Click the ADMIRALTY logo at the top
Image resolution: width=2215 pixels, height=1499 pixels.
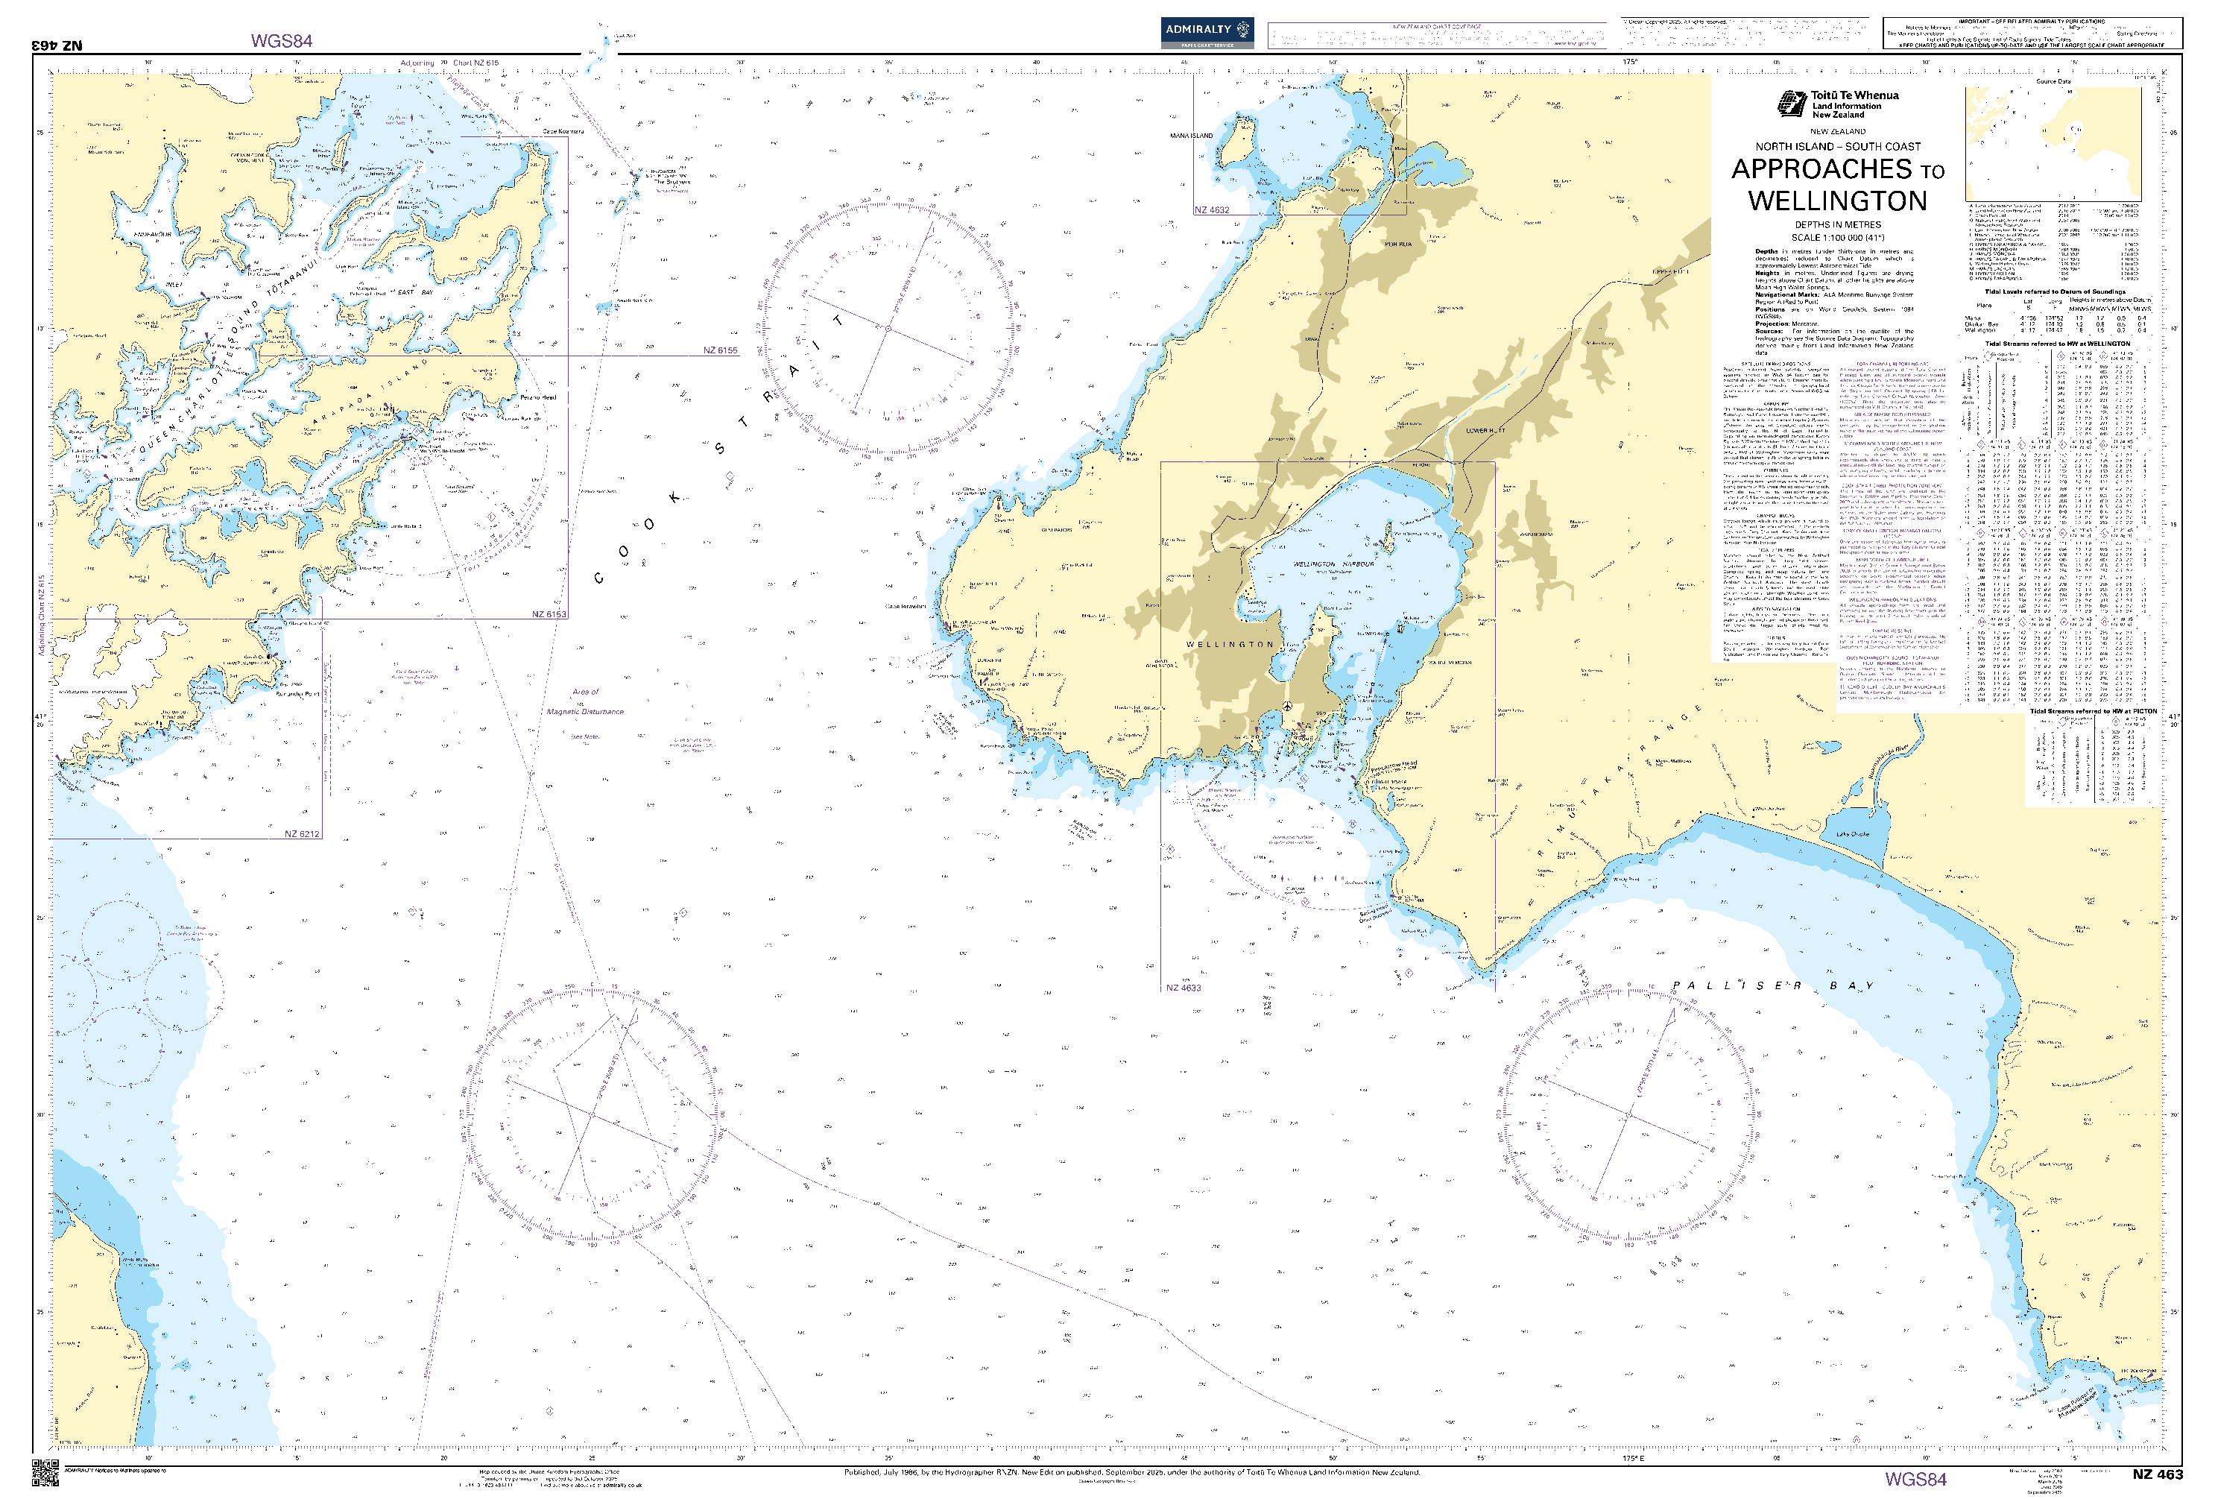1207,31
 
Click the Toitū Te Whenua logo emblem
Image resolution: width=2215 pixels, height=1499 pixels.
1792,103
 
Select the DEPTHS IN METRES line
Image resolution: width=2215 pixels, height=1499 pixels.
1838,225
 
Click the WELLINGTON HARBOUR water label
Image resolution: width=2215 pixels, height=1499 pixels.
1333,564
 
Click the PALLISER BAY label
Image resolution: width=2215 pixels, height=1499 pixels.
1773,985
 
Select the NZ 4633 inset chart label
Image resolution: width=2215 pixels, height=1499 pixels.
1183,987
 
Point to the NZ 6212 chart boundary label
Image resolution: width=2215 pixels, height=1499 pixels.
301,834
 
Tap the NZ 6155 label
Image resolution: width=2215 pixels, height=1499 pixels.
720,350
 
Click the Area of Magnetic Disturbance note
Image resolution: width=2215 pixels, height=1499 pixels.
585,701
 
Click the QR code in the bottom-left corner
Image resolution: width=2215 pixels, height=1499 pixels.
45,1471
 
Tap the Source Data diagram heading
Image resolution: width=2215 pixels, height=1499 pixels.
2053,82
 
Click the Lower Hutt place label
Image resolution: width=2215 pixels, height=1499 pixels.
1485,431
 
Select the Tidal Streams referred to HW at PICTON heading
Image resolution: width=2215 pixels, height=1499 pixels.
2092,711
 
